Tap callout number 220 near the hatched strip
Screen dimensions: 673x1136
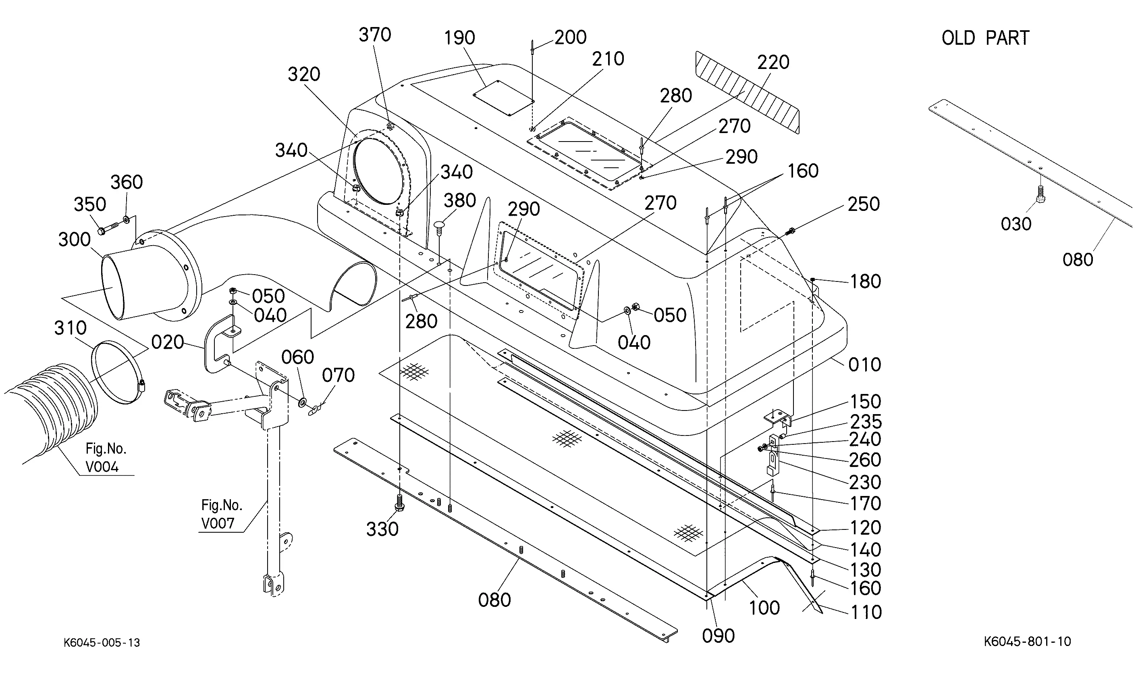pos(773,63)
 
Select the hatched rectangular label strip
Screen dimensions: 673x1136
pos(748,93)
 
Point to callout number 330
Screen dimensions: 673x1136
pos(382,529)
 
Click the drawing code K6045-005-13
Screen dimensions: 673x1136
pos(102,643)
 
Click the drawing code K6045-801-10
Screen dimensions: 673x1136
pos(1027,642)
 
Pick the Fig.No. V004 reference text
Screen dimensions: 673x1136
pos(104,458)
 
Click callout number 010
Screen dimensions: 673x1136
pos(864,365)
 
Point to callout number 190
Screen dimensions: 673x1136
pos(459,38)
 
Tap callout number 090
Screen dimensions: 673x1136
pos(718,636)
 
